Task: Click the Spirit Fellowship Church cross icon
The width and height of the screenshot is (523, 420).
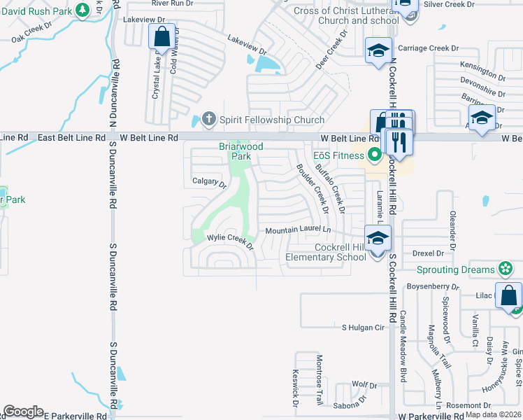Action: [208, 120]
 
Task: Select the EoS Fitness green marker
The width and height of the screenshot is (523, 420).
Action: [375, 155]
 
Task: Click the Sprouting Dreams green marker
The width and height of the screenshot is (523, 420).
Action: [504, 269]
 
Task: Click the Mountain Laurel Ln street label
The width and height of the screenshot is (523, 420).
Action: [297, 230]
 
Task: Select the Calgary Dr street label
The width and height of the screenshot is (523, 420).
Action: [210, 183]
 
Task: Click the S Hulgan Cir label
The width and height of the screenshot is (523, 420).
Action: [363, 327]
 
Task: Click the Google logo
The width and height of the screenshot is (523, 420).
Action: [23, 412]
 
